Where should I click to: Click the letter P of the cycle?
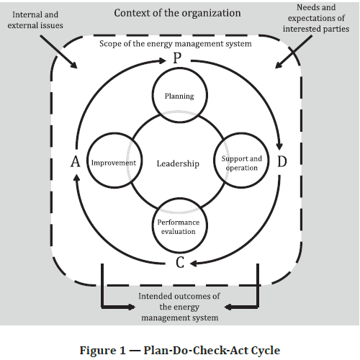coord(177,58)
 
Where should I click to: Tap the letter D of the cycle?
coord(282,161)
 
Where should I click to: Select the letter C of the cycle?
coord(180,262)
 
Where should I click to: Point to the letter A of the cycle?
coord(76,161)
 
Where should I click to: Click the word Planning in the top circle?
coord(179,96)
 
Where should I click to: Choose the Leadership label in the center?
coord(178,163)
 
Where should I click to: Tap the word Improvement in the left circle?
coord(114,163)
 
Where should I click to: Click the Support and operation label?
coord(241,163)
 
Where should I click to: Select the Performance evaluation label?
coord(179,227)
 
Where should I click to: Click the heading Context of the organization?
coord(177,13)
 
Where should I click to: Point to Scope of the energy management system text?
coord(176,44)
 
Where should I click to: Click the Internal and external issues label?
coord(35,20)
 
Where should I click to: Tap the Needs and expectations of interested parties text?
coord(316,18)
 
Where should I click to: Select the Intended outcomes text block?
coord(179,307)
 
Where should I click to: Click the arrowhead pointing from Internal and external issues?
coord(74,66)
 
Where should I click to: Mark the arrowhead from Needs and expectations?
coord(278,66)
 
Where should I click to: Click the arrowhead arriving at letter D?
coord(279,146)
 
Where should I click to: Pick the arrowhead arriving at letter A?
coord(76,178)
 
